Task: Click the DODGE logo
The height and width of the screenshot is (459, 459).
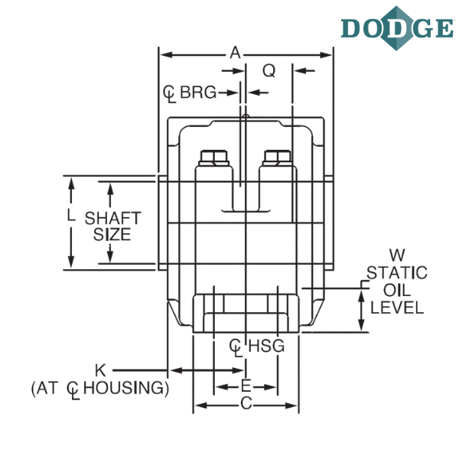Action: (398, 28)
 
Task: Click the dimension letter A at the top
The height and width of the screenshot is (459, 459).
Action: (236, 53)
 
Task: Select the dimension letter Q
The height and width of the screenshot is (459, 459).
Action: (269, 70)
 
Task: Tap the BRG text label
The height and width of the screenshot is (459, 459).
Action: (198, 93)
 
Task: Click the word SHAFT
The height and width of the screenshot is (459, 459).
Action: (112, 218)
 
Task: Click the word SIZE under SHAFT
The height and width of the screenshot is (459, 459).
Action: (112, 235)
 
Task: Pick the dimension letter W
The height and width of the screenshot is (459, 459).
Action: (397, 255)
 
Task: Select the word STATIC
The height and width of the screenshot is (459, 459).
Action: (397, 273)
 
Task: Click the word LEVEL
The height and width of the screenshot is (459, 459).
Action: (397, 308)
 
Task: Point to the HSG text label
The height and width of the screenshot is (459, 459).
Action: (266, 346)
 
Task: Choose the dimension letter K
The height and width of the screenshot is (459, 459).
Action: (100, 370)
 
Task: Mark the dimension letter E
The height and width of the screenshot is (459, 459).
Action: (246, 386)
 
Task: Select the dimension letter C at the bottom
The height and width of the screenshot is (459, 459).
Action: (246, 404)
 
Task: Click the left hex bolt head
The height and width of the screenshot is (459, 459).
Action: (214, 158)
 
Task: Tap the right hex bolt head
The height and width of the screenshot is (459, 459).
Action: (277, 158)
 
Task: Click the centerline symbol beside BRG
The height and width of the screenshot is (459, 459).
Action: (170, 93)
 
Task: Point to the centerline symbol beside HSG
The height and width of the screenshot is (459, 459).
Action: (236, 347)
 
